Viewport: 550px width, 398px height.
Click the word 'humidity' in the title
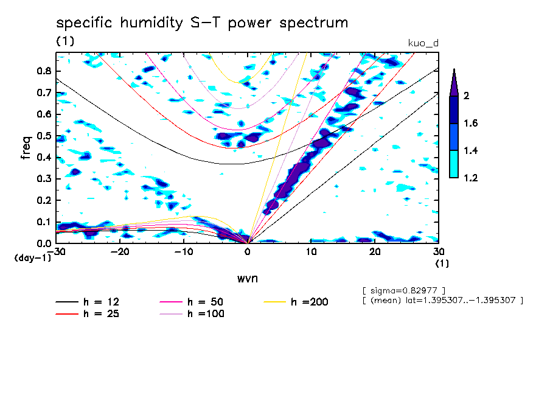coord(151,23)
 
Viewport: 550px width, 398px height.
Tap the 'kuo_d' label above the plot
coord(423,43)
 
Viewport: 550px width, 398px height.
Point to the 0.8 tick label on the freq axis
coord(44,71)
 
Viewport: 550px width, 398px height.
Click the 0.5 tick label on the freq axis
coord(44,136)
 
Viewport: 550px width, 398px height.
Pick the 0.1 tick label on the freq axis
coord(44,222)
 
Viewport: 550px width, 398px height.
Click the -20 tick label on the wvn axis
coord(120,252)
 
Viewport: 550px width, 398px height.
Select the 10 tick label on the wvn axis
coord(311,252)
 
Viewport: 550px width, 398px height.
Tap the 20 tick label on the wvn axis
coord(375,252)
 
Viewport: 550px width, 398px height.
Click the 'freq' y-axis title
coord(26,148)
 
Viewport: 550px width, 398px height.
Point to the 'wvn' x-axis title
coord(248,279)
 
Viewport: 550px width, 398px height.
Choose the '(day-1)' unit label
coord(33,258)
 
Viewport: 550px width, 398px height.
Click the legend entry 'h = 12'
coord(88,302)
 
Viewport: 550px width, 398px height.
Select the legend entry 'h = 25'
coord(88,313)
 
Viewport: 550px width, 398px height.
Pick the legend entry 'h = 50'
coord(191,302)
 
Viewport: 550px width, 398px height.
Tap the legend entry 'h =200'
coord(296,302)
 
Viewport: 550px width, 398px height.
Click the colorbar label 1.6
coord(470,123)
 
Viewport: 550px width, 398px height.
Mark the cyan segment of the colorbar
coord(454,164)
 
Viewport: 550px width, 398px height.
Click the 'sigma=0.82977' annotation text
coord(404,291)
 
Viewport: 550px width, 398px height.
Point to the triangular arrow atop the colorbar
coord(454,83)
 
